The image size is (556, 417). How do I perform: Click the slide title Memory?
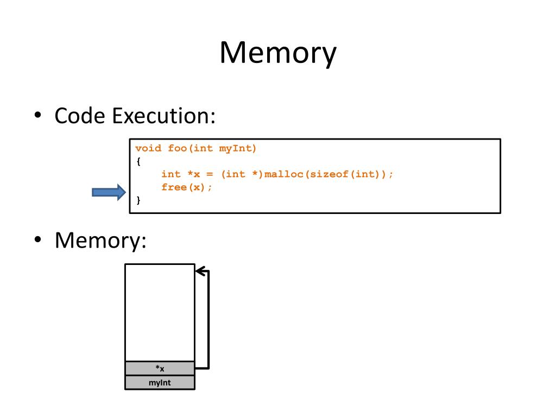(278, 53)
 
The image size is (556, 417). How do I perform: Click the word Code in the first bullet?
(80, 116)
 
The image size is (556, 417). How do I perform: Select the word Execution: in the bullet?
(164, 116)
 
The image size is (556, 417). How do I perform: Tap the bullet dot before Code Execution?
(38, 115)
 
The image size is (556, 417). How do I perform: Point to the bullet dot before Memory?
(38, 239)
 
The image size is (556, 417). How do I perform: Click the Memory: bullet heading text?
(100, 240)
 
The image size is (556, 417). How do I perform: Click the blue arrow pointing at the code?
(109, 193)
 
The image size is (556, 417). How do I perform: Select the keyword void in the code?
(148, 148)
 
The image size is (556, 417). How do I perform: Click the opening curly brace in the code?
(138, 161)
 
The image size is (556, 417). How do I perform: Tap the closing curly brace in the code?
(138, 200)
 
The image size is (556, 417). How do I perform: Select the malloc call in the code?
(284, 174)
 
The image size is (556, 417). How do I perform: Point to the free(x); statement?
(187, 187)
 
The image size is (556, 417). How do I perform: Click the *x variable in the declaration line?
(194, 174)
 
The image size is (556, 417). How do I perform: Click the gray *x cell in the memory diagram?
(160, 369)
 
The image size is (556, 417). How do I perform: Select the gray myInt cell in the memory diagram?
(160, 383)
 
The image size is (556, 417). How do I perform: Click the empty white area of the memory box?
(160, 313)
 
